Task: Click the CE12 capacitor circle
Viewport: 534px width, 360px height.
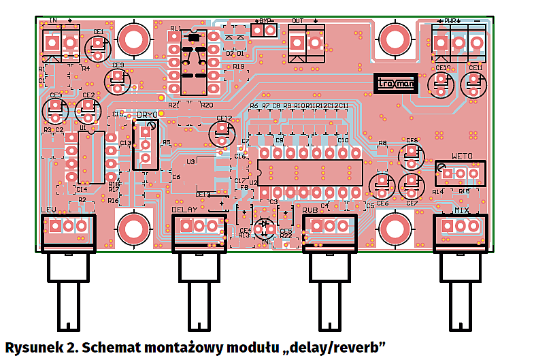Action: point(222,131)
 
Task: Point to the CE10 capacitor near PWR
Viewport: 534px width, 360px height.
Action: point(441,83)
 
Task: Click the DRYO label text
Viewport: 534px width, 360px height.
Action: point(146,115)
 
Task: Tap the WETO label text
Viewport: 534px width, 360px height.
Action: point(461,156)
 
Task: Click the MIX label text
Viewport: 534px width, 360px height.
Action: point(462,210)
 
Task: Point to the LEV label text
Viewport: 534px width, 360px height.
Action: point(48,210)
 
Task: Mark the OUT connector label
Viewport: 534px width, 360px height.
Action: point(297,21)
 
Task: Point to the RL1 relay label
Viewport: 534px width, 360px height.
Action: point(176,29)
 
